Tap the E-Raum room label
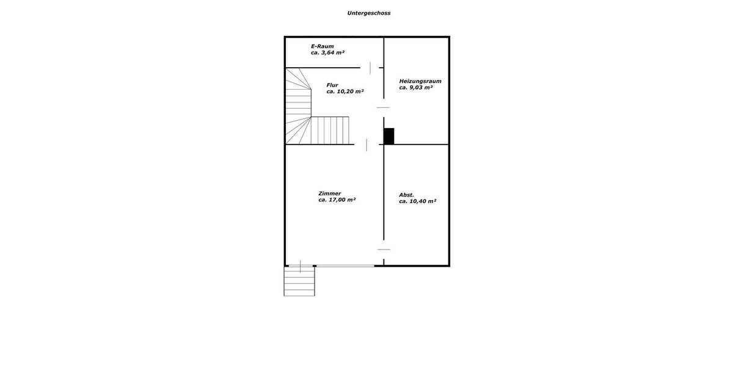click(322, 46)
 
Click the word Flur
click(332, 85)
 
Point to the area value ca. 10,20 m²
click(345, 91)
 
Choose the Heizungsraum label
click(420, 81)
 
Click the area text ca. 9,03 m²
click(416, 88)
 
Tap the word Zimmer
click(330, 193)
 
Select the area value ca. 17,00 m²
click(337, 200)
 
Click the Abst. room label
click(406, 195)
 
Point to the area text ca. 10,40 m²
click(417, 201)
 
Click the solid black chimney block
click(388, 136)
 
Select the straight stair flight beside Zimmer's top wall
click(330, 130)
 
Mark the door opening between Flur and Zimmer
click(366, 145)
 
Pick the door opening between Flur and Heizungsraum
click(384, 107)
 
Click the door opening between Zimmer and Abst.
click(384, 249)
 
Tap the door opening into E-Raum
click(370, 68)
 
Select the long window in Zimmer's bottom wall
click(345, 265)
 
